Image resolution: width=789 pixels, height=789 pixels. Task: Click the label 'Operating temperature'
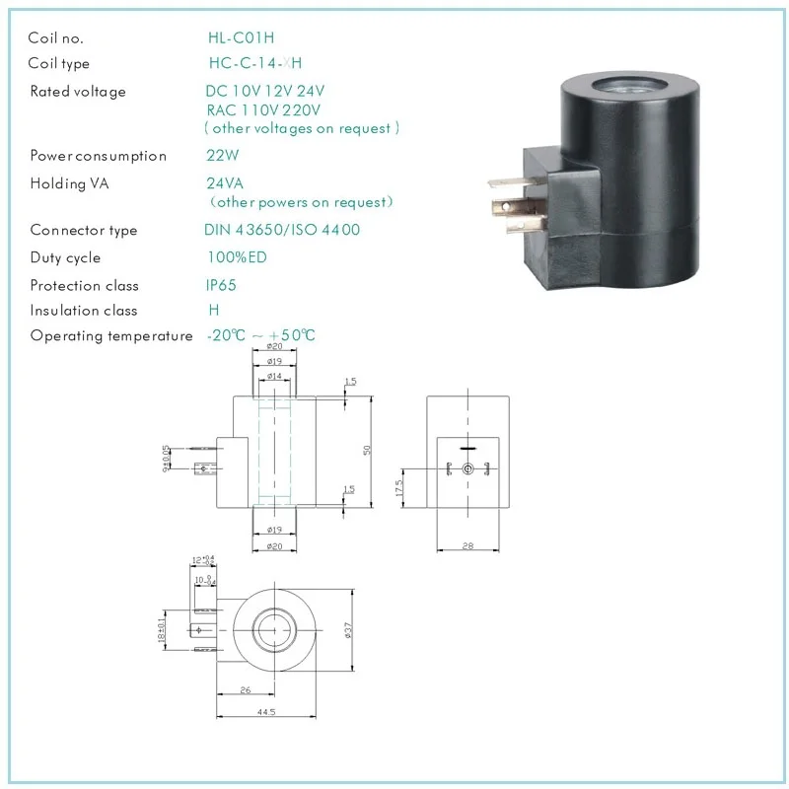[x=111, y=335]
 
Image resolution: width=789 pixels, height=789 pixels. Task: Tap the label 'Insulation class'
[x=84, y=310]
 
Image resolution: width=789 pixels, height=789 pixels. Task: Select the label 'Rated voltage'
[x=78, y=92]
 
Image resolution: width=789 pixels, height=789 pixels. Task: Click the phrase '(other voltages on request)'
[x=302, y=128]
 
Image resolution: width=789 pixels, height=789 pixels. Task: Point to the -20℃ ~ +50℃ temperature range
[x=261, y=335]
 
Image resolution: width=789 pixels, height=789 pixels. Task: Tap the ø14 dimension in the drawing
[x=274, y=377]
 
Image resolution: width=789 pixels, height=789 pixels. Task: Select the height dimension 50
[x=367, y=450]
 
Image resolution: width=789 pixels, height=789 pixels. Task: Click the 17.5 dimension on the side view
[x=398, y=488]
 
